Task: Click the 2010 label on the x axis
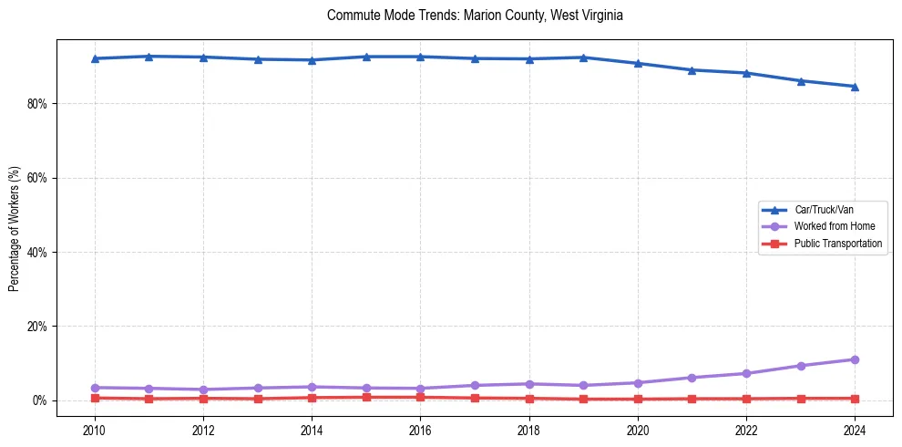[x=95, y=430]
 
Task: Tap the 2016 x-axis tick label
[x=420, y=430]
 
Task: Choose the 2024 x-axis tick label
[x=855, y=430]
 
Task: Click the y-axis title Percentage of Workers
[x=15, y=228]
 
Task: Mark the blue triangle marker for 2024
[x=855, y=87]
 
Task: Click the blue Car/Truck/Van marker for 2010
[x=95, y=58]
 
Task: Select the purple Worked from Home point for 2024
[x=855, y=359]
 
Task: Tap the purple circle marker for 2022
[x=746, y=373]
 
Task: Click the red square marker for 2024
[x=855, y=399]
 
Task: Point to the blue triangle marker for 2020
[x=638, y=63]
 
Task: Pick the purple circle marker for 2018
[x=529, y=384]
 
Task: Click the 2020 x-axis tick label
[x=638, y=430]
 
